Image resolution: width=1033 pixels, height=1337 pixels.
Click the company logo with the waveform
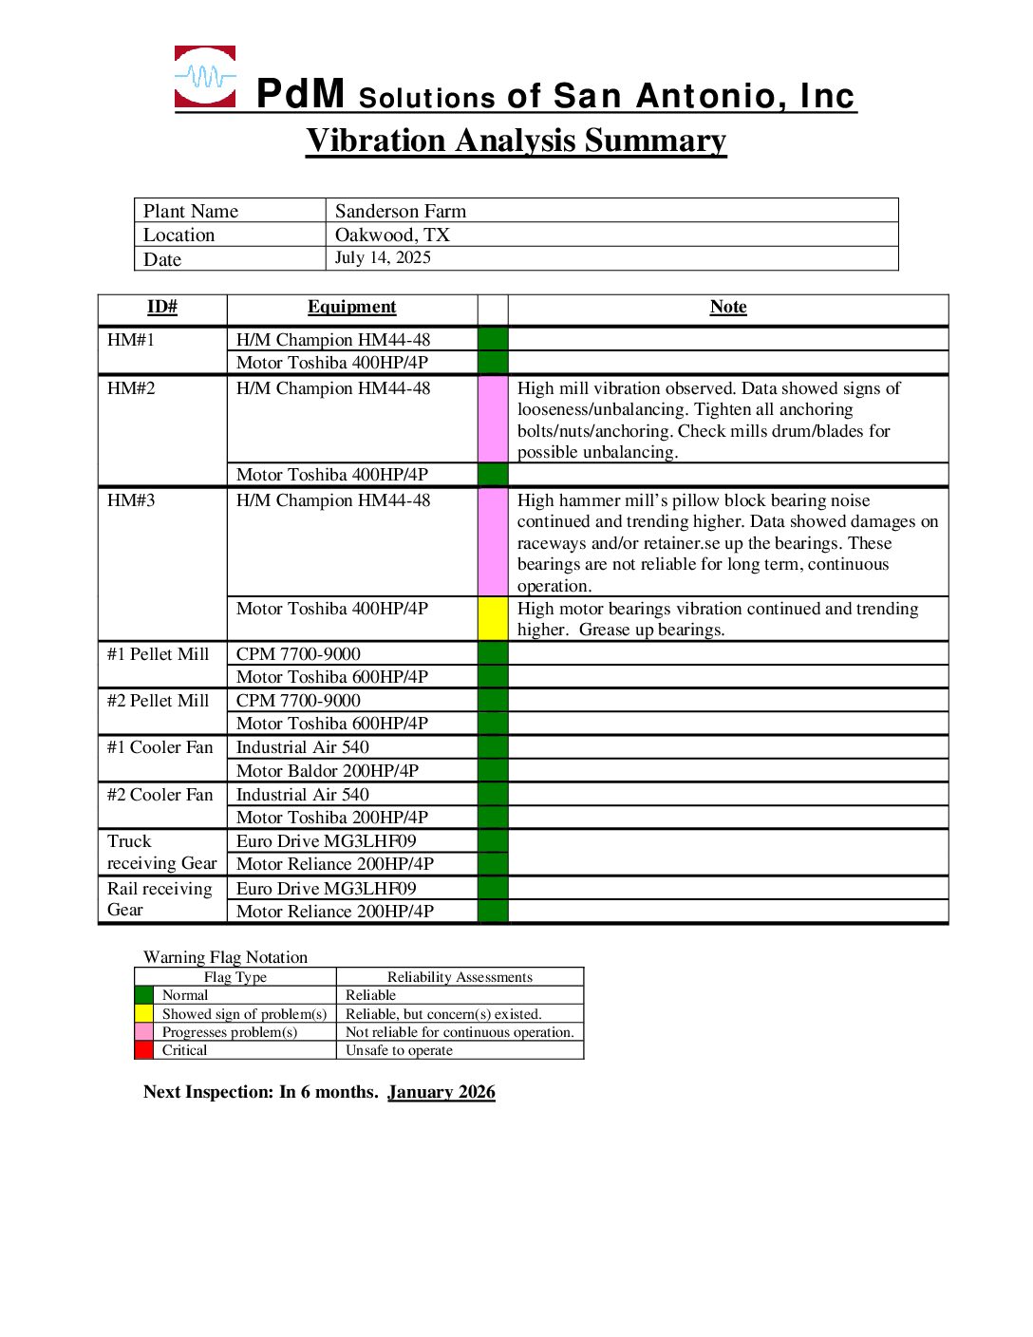pos(205,77)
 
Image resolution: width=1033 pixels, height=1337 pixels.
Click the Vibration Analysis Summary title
pos(516,141)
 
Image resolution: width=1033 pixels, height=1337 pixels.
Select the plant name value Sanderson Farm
pos(400,211)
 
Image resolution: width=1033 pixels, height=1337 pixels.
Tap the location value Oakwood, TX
pos(392,235)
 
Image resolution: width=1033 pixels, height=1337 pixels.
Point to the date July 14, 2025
pos(383,257)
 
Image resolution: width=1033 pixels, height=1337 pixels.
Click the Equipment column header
pos(351,307)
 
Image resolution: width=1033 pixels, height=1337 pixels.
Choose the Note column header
pos(727,307)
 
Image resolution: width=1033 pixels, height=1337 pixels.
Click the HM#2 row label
pos(131,388)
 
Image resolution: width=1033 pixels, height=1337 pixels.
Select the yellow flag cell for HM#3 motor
pos(493,618)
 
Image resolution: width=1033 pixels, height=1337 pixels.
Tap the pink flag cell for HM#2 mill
pos(493,419)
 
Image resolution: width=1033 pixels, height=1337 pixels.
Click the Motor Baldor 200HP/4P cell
pos(327,770)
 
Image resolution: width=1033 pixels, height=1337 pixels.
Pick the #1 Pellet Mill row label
pos(158,654)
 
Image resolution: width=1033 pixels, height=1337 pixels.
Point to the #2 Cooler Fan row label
pos(160,795)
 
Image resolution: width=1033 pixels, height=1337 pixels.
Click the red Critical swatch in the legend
pos(143,1050)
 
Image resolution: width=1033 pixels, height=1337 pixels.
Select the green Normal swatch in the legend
pos(143,995)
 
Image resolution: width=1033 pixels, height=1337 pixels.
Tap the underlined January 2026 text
pos(441,1092)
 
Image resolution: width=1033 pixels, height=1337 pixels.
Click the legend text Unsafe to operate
pos(399,1050)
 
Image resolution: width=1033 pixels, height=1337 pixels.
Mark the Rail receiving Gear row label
pos(159,899)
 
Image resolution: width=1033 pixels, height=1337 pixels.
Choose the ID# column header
pos(161,307)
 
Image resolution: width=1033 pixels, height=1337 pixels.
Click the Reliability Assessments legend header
pos(460,977)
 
